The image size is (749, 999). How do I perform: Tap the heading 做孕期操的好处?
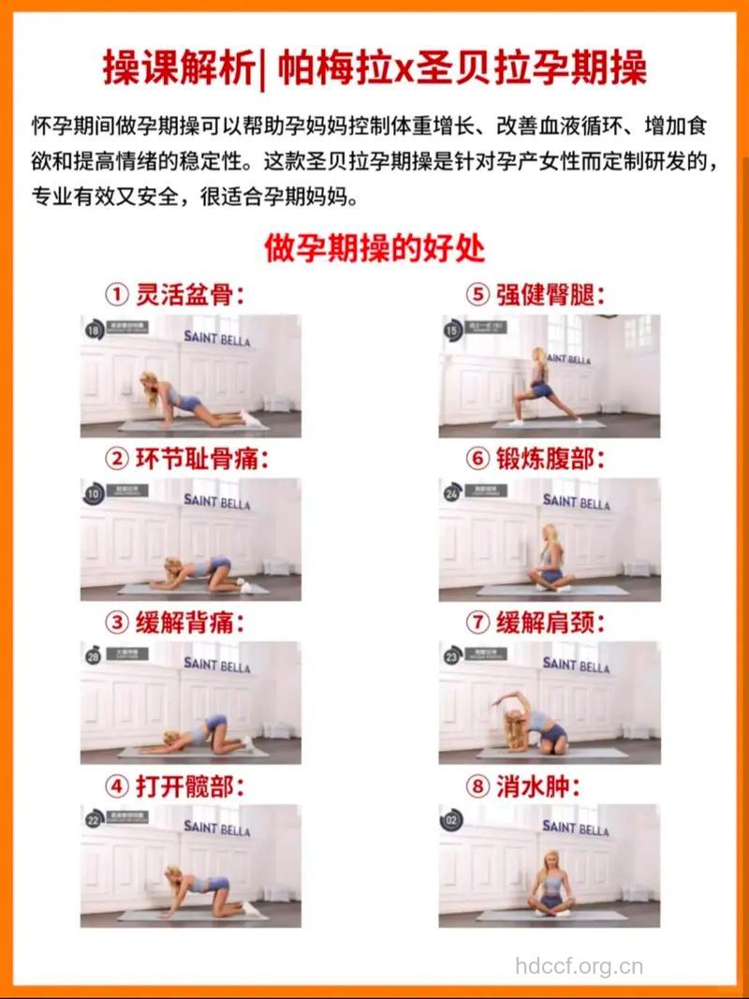pyautogui.click(x=374, y=249)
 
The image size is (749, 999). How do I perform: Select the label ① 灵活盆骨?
pyautogui.click(x=174, y=296)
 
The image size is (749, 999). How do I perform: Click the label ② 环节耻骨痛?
pyautogui.click(x=186, y=459)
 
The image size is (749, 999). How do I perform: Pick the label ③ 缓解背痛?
pyautogui.click(x=174, y=622)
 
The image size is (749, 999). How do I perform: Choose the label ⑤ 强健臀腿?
pyautogui.click(x=536, y=296)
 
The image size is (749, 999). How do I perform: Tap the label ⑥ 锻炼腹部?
pyautogui.click(x=536, y=459)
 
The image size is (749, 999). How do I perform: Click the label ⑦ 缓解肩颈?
pyautogui.click(x=536, y=622)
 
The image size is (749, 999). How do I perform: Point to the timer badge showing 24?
pyautogui.click(x=452, y=493)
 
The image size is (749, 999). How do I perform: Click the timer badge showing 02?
pyautogui.click(x=452, y=821)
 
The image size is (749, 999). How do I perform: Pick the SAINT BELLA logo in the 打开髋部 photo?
pyautogui.click(x=217, y=828)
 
